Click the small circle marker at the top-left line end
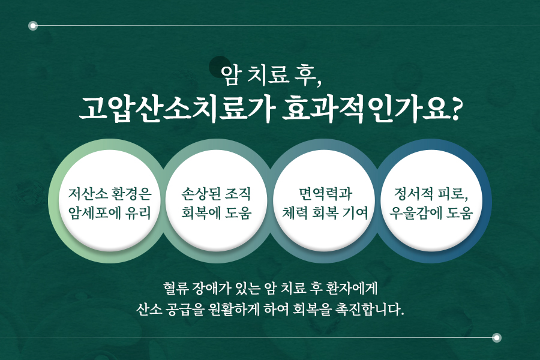click(x=33, y=25)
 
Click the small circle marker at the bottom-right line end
click(x=496, y=338)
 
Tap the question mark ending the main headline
click(x=455, y=110)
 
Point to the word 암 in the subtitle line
click(x=230, y=75)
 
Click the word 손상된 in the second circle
click(x=201, y=194)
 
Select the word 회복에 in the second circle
click(x=201, y=212)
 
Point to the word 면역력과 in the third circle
click(x=325, y=194)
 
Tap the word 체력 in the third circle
click(x=295, y=212)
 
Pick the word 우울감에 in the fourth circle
click(x=415, y=212)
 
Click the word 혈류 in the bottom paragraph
click(x=176, y=289)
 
